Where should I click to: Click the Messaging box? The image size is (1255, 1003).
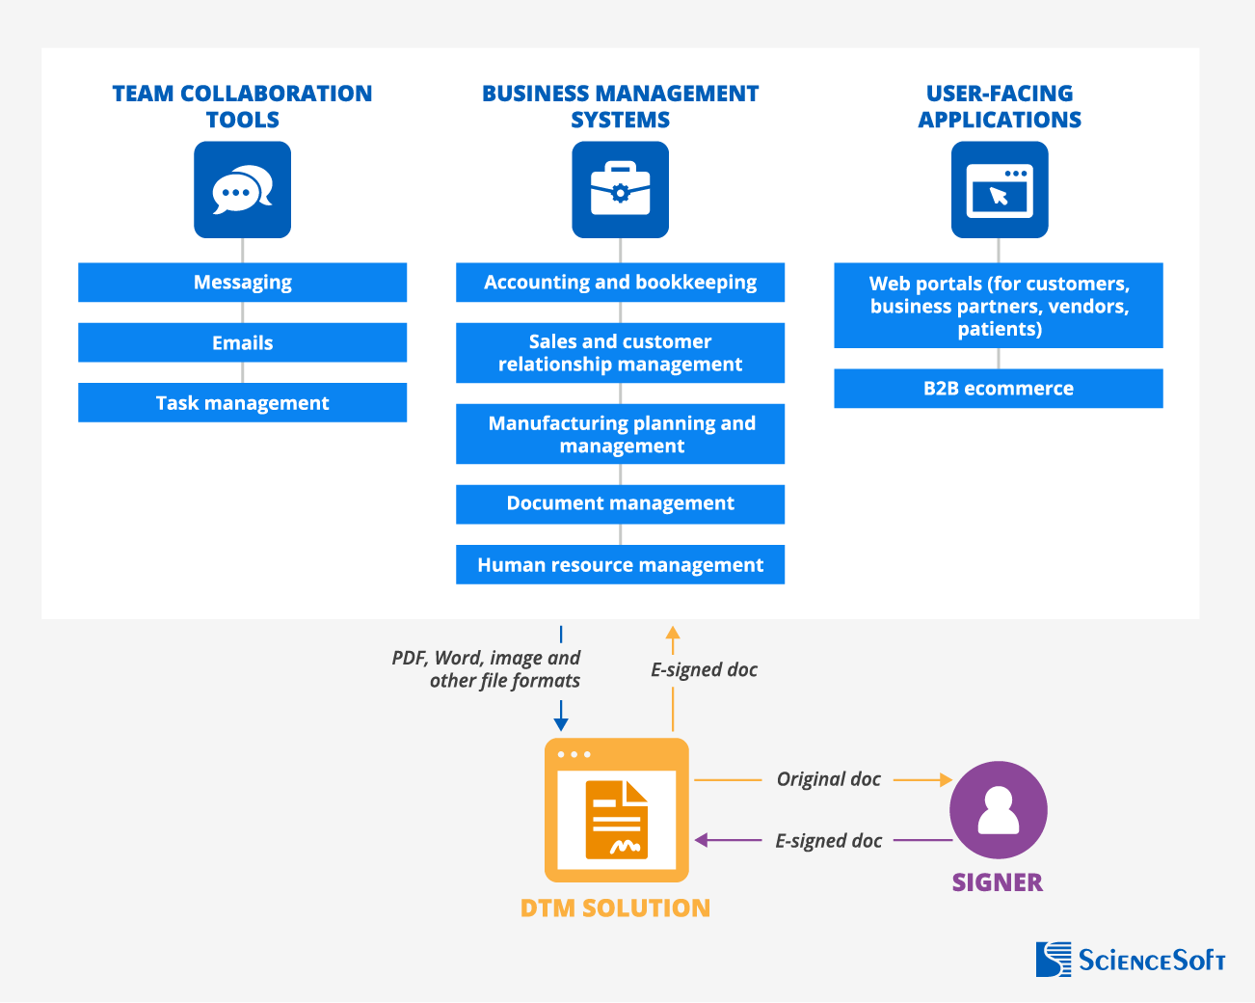tap(242, 283)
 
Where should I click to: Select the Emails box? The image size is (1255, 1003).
tap(242, 342)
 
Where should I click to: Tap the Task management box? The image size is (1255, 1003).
tap(242, 403)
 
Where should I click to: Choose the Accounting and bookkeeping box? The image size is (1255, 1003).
tap(620, 283)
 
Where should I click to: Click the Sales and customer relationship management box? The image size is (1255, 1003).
tap(620, 353)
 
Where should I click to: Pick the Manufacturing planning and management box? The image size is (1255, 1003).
tap(620, 434)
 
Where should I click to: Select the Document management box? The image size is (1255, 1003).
tap(620, 503)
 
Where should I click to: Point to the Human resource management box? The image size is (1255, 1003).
tap(620, 565)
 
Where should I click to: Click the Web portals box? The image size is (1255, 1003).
tap(999, 306)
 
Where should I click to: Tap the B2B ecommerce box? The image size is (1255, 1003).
tap(999, 389)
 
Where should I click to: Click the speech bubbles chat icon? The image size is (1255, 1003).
tap(242, 190)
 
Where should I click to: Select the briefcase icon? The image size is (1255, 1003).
tap(620, 190)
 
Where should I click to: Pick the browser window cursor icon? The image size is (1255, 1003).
tap(1000, 190)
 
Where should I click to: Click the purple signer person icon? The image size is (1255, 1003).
tap(999, 810)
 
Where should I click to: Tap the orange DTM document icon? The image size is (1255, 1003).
tap(617, 810)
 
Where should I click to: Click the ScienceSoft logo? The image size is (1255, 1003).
tap(1131, 960)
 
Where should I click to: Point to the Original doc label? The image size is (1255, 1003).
tap(828, 779)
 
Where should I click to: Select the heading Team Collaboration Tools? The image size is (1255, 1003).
tap(242, 106)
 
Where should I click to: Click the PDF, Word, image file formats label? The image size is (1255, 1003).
tap(487, 669)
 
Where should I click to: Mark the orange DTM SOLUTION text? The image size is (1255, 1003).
tap(615, 908)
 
